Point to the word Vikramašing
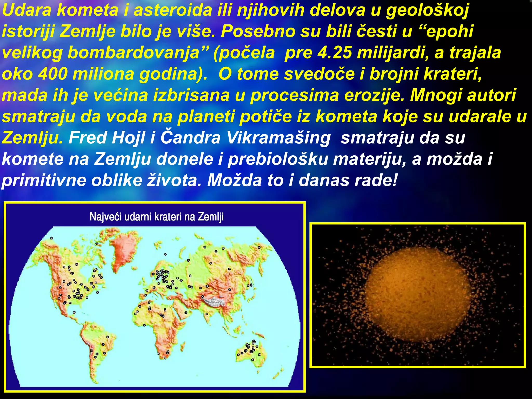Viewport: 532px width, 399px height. [x=278, y=138]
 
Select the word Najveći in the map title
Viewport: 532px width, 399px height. [x=105, y=217]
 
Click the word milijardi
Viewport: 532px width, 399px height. [x=393, y=52]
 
